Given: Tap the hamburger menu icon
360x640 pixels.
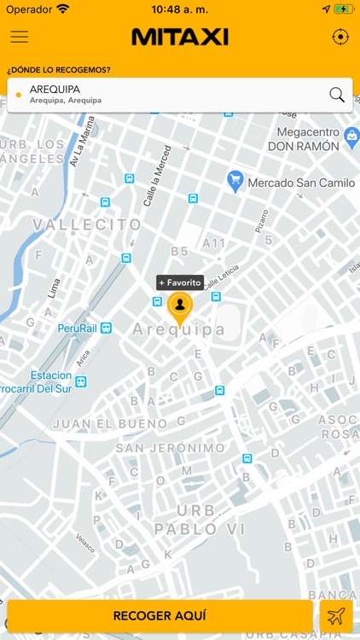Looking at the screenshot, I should coord(19,37).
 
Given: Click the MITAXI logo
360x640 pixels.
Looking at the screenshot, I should coord(180,37).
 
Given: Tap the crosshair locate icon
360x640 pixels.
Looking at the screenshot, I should coord(340,37).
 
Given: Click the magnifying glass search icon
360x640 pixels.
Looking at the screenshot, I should coord(337,95).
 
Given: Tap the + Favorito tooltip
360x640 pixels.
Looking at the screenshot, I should coord(179,282).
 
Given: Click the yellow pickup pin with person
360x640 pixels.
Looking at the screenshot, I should coord(179,306).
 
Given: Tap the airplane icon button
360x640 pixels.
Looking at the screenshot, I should coord(336,616).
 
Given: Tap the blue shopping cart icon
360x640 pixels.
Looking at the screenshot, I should coord(235,181).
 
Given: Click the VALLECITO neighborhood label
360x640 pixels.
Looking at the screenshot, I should coord(87,224).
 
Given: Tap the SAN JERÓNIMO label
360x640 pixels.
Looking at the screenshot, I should coord(171,448).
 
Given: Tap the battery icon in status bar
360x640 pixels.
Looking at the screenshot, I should coord(343,9).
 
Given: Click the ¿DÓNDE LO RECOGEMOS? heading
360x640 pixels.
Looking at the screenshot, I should coord(59,69).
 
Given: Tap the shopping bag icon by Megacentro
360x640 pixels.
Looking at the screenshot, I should coord(351,136).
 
